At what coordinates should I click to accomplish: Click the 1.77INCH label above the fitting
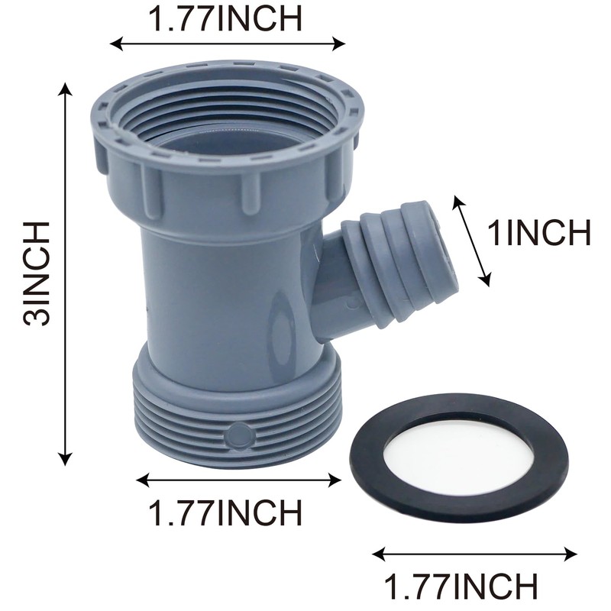[225, 19]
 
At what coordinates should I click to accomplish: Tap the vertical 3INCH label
[37, 273]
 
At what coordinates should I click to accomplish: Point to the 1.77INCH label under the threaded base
[225, 512]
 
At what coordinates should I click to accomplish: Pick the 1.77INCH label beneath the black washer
[461, 587]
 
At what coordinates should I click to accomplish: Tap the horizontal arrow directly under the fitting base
[238, 480]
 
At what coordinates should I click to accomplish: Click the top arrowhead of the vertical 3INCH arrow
[66, 89]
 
